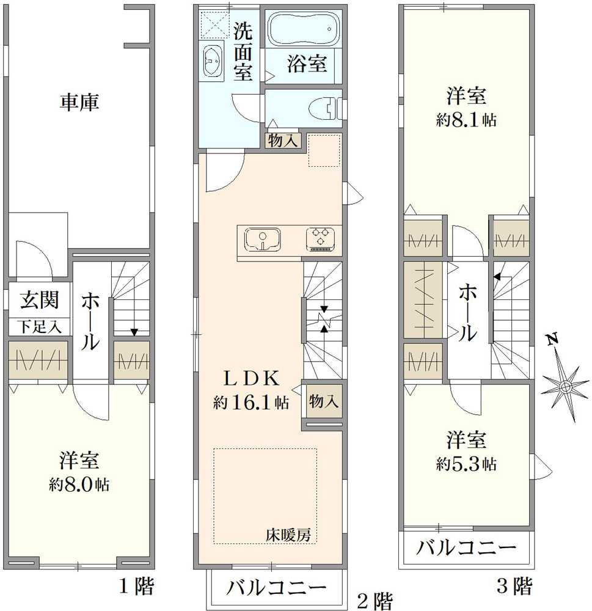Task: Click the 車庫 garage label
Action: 79,102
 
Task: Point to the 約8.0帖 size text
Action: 79,485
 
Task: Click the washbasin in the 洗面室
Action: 213,61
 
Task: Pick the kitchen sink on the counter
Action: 263,239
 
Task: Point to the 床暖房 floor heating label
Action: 288,535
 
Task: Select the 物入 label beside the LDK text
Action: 323,401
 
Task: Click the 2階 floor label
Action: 374,601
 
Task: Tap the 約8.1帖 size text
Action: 466,120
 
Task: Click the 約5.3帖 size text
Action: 466,464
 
